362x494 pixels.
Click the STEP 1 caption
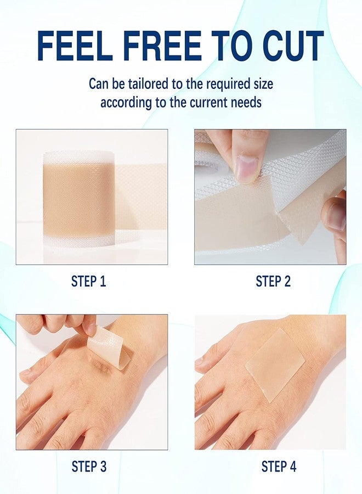point(88,282)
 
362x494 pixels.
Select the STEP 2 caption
point(273,282)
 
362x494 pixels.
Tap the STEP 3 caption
point(88,467)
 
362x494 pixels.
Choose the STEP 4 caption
point(279,467)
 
